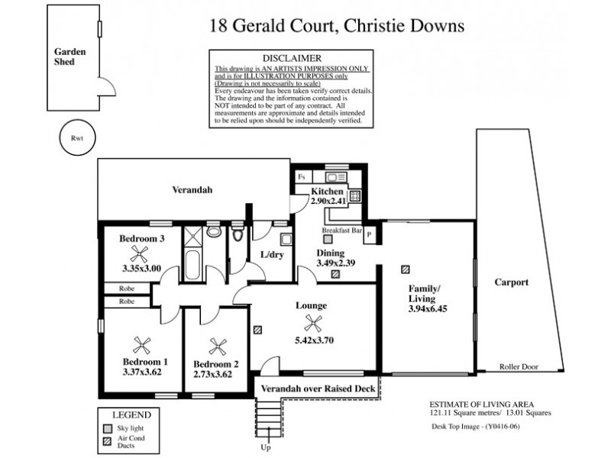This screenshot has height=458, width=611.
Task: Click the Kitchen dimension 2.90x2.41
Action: point(329,201)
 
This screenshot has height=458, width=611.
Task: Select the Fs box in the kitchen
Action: point(302,176)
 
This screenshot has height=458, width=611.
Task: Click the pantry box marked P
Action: point(370,235)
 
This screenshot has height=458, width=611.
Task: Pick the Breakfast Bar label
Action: point(340,229)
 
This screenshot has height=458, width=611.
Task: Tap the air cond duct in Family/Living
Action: point(405,269)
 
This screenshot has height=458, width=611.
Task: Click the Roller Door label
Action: point(519,367)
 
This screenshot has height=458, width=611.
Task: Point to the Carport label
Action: point(511,282)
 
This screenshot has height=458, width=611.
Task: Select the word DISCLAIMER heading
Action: point(290,58)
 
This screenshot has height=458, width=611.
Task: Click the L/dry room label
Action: point(272,255)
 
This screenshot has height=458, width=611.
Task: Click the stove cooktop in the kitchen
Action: point(355,196)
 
